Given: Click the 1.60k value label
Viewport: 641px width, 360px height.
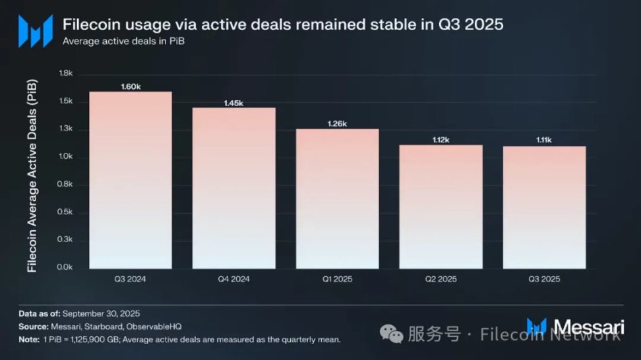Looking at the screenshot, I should (131, 86).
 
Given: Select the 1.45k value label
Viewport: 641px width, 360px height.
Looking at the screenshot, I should (233, 103).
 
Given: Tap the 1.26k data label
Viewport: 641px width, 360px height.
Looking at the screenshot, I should (337, 124).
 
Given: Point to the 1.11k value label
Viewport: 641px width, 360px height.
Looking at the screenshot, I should (544, 140).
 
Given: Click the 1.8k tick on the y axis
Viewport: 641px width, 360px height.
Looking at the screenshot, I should (65, 73).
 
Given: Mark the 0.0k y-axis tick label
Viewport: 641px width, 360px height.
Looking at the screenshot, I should (65, 268).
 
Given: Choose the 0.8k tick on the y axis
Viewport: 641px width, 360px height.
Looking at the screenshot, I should (65, 185).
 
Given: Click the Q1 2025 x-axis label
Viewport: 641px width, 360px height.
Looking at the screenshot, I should (337, 279).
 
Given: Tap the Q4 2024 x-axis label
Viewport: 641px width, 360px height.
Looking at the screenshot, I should (233, 279).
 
